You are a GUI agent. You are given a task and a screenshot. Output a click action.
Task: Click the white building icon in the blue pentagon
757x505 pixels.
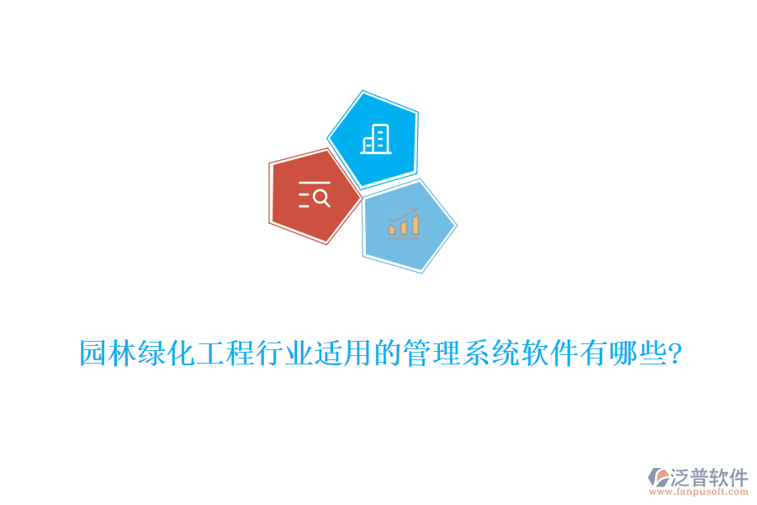coord(376,139)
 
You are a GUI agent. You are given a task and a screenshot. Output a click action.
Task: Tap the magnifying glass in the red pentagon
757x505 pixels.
coord(320,198)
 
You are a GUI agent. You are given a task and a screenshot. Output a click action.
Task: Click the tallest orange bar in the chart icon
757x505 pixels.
coord(415,223)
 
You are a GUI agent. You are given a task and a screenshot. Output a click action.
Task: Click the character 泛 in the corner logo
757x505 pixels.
coord(681,476)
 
